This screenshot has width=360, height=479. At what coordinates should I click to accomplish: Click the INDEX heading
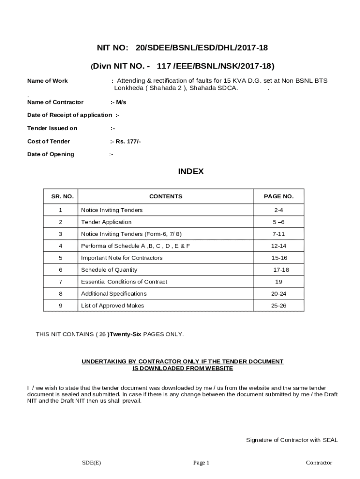(191, 172)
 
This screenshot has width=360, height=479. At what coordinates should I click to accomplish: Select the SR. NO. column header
(62, 196)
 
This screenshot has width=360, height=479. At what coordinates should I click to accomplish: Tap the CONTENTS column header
(166, 196)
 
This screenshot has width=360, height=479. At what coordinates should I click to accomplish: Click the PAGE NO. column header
(279, 196)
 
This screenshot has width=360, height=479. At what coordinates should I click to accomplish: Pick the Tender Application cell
(106, 222)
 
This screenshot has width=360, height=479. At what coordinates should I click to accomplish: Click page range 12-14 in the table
(279, 246)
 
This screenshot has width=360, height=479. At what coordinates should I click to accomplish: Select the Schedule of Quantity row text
(109, 270)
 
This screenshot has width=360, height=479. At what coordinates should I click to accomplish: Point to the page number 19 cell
(279, 282)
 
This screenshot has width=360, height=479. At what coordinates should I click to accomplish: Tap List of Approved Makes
(112, 305)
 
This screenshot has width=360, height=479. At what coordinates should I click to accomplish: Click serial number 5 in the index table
(61, 258)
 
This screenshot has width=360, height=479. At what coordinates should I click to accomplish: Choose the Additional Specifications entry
(114, 294)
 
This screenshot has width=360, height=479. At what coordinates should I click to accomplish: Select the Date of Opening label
(50, 154)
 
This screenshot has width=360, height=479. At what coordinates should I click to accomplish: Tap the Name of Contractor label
(55, 102)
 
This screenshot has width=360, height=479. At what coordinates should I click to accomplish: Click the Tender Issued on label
(52, 128)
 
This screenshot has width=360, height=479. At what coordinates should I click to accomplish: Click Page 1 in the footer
(202, 463)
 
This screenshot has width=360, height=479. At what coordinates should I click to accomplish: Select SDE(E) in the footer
(92, 463)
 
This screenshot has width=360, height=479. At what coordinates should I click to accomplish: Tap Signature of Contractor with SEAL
(292, 440)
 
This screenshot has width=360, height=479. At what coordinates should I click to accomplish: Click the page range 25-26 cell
(279, 305)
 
